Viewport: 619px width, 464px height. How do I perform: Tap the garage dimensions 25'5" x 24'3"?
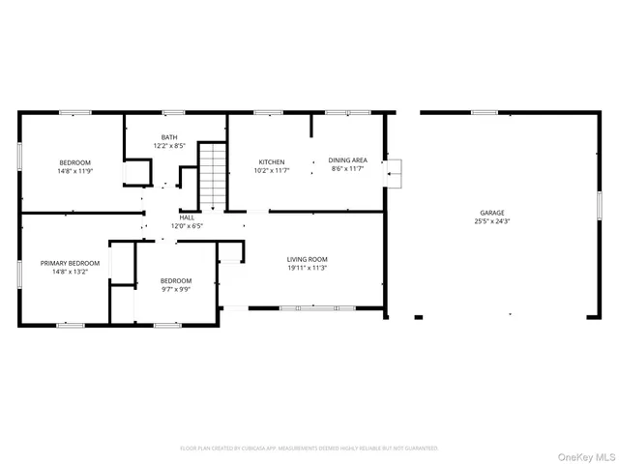[x=492, y=221]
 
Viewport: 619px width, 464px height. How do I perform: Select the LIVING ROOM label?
[x=308, y=259]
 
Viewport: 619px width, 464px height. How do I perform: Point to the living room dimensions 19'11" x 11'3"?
[x=308, y=268]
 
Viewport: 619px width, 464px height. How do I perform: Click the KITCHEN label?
[x=271, y=161]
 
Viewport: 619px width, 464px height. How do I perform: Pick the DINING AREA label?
[x=347, y=161]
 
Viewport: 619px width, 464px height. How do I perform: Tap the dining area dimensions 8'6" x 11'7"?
[x=347, y=170]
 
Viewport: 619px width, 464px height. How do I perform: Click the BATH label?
[x=170, y=137]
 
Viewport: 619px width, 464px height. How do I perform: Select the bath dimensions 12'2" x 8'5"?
[x=170, y=146]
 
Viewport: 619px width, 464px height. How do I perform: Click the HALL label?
[x=187, y=217]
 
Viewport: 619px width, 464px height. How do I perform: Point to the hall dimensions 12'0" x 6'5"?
[x=187, y=226]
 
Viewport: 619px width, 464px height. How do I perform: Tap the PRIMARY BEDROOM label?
[x=70, y=263]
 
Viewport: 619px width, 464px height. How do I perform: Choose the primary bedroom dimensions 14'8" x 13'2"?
[x=70, y=272]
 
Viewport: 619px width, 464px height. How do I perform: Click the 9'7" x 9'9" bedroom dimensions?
[x=175, y=288]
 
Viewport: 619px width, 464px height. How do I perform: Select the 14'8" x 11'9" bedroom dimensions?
[x=75, y=171]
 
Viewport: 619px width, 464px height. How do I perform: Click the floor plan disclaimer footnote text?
[x=309, y=448]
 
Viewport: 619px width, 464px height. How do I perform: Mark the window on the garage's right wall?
[x=600, y=208]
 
